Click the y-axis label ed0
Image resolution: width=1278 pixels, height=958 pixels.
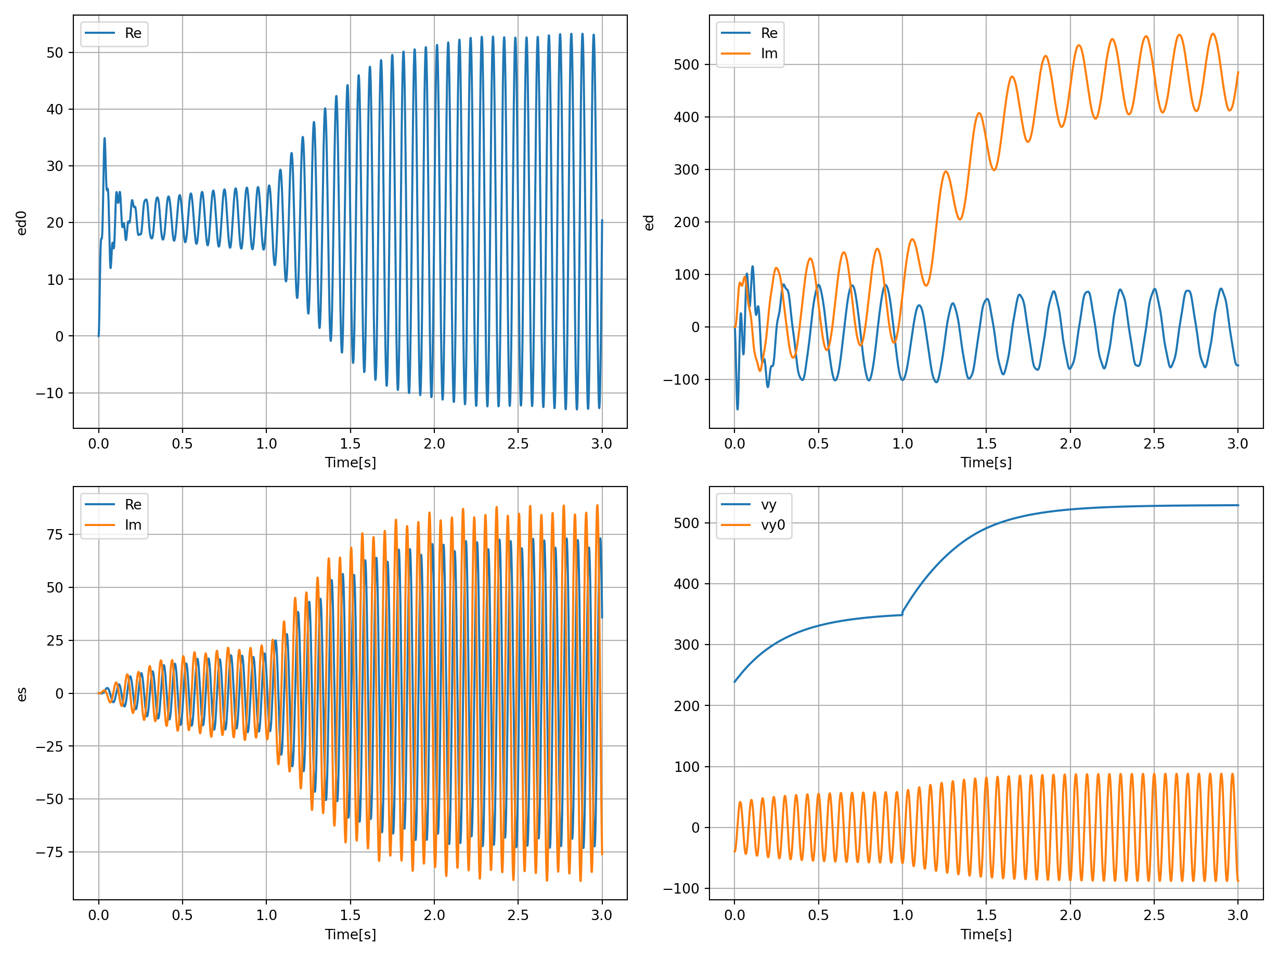(21, 223)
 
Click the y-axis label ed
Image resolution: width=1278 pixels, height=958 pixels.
(649, 223)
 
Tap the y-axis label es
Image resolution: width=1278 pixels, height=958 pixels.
(21, 694)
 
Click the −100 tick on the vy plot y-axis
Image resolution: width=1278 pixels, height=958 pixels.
(681, 889)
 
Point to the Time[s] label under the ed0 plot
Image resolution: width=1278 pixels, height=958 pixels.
(350, 463)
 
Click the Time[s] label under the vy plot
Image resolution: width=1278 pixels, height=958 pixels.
(986, 934)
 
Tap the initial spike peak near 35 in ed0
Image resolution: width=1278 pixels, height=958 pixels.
(105, 139)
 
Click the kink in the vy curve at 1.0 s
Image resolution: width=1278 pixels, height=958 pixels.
(902, 614)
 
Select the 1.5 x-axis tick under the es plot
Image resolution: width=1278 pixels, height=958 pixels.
(350, 915)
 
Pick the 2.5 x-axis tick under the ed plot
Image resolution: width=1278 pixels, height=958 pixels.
(1154, 443)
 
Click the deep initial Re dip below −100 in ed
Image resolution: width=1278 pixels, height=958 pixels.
(737, 409)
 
